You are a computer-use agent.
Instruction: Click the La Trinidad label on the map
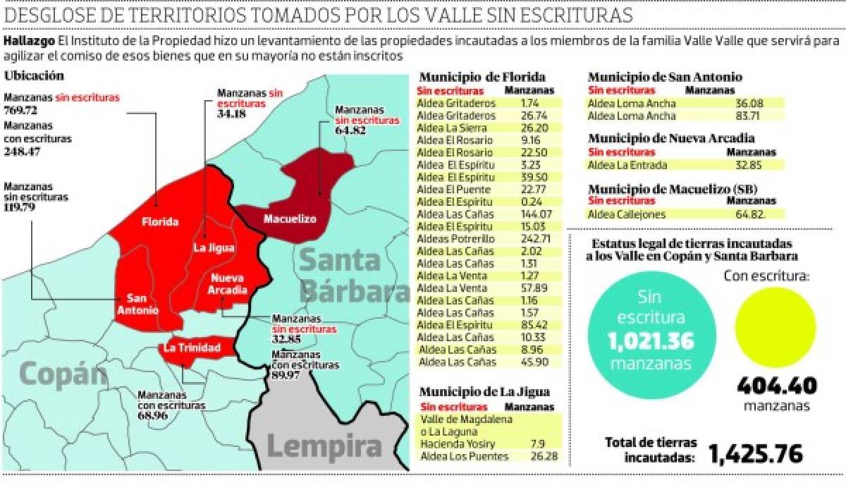tap(192, 348)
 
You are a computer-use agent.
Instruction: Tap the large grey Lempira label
tap(324, 446)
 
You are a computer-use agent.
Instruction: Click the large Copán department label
tap(62, 374)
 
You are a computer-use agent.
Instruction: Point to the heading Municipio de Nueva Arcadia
tap(671, 138)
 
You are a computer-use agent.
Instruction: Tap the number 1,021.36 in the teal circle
tap(651, 343)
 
